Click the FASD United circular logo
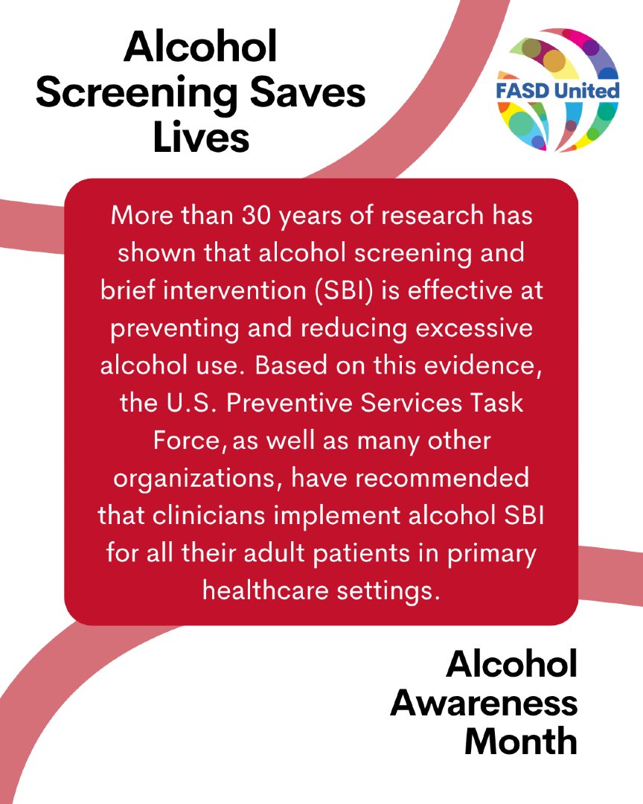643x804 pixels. click(558, 90)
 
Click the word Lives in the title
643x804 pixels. click(201, 138)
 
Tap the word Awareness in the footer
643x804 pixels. click(484, 703)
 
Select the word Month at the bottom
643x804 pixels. click(521, 741)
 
